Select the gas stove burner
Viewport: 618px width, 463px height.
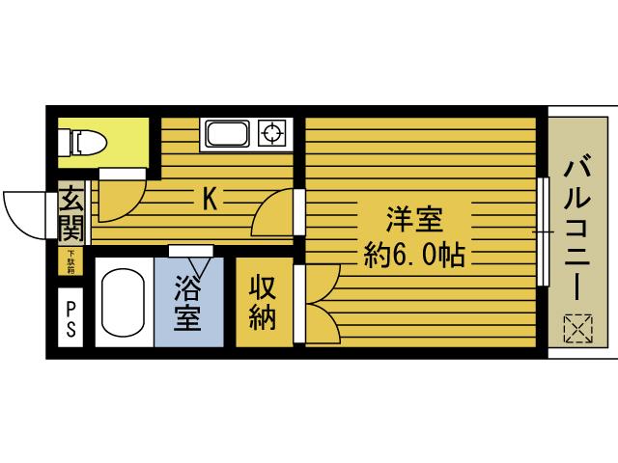coord(272,133)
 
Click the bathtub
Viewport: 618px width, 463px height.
coord(124,301)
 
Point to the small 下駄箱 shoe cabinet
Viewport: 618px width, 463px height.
coord(71,259)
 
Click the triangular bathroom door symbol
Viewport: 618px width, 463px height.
coord(201,259)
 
